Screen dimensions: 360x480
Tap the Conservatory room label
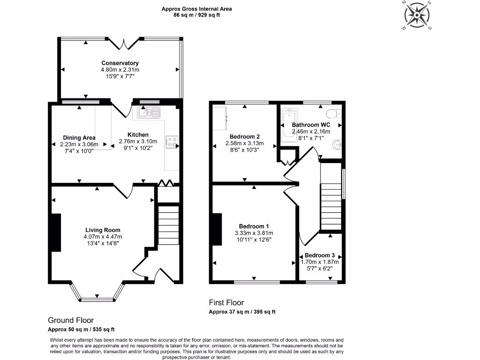click(120, 63)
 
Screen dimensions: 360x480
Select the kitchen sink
click(149, 112)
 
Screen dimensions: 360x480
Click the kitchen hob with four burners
click(172, 142)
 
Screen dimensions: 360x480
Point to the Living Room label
click(103, 230)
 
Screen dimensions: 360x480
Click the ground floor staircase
click(168, 225)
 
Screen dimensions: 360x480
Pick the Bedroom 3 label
click(320, 255)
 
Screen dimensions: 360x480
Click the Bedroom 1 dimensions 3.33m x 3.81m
click(254, 233)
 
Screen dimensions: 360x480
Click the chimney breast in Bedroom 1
click(217, 229)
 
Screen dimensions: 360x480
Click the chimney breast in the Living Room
click(55, 233)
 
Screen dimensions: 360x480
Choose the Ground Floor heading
click(71, 320)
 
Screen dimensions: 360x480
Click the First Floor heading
click(226, 303)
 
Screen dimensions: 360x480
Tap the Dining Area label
click(79, 138)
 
